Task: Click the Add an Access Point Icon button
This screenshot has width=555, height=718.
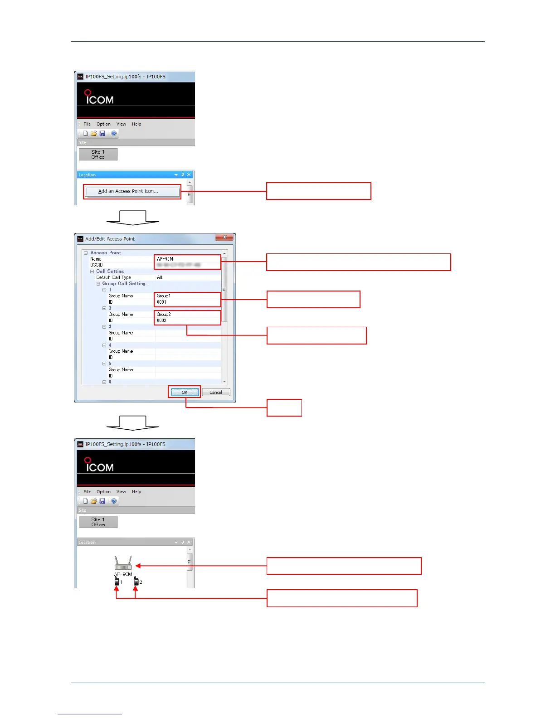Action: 131,191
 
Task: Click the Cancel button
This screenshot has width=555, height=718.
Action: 216,393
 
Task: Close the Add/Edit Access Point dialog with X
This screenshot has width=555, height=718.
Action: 224,237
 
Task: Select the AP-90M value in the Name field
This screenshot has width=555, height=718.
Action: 165,259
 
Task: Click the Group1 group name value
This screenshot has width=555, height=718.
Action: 164,296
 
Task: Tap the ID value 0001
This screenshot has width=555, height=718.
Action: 162,302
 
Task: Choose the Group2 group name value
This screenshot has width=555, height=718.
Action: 164,314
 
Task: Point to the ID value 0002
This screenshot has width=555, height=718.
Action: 162,320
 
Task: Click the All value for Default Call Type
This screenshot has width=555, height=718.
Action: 160,277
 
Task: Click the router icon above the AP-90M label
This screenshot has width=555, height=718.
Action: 123,563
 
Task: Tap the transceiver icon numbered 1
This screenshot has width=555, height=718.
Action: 117,581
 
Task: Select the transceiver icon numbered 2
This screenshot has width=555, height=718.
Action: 136,581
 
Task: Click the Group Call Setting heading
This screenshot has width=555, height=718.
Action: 124,284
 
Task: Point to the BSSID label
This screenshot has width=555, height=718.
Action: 96,265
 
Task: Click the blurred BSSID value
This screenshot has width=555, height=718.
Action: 179,265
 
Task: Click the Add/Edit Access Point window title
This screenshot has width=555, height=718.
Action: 110,239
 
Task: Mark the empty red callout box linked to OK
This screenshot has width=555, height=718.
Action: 284,408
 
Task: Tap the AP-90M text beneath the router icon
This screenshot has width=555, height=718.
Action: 123,574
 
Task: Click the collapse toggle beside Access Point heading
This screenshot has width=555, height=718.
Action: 86,253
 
